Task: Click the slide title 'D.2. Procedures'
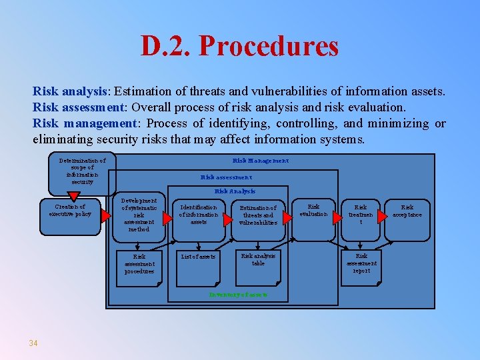click(x=239, y=46)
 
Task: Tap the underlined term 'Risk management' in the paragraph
click(x=84, y=123)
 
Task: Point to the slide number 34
click(x=33, y=343)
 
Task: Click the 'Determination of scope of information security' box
click(x=82, y=171)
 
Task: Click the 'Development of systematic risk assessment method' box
click(x=139, y=215)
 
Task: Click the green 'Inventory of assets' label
click(x=238, y=294)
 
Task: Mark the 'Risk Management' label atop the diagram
click(x=261, y=161)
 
